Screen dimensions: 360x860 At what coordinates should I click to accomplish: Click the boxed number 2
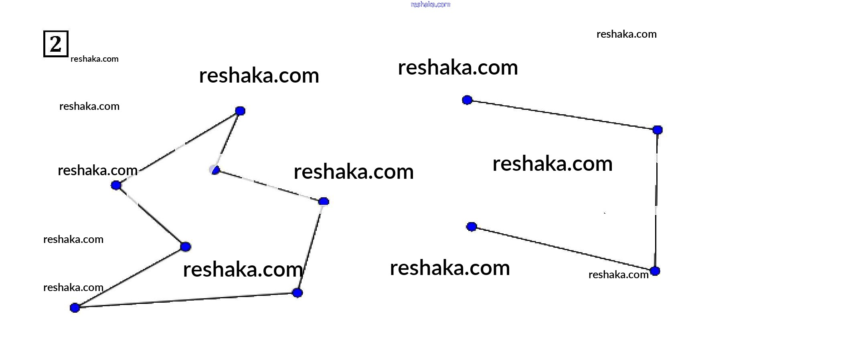tap(56, 44)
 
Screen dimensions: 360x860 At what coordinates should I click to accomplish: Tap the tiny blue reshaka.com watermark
tap(431, 4)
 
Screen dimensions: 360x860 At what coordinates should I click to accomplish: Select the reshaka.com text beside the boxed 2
tap(94, 59)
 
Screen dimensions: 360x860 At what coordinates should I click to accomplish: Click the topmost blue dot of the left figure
tap(240, 111)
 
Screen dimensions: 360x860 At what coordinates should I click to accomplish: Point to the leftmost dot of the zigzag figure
tap(116, 185)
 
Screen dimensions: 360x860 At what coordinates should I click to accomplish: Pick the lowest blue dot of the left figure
tap(75, 308)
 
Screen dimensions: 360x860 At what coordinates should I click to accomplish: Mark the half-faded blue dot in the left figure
tap(215, 170)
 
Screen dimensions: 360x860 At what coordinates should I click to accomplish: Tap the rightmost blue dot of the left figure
tap(324, 201)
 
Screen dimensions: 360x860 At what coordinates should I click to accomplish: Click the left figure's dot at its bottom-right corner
tap(297, 293)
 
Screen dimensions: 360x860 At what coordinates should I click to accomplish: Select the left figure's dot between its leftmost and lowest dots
tap(185, 247)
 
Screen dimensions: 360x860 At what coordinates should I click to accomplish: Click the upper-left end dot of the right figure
tap(467, 100)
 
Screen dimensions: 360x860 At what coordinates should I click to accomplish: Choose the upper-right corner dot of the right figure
tap(658, 130)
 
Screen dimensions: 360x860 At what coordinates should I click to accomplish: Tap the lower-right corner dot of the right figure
tap(655, 271)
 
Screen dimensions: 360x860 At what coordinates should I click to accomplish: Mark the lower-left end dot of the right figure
tap(471, 227)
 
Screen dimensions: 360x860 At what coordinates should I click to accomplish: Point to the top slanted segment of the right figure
tap(561, 115)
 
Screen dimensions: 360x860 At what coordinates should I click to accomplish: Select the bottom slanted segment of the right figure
tap(561, 249)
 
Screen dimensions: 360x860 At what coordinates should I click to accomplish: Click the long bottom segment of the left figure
tap(184, 300)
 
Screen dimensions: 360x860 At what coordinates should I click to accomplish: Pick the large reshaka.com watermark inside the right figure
tap(552, 164)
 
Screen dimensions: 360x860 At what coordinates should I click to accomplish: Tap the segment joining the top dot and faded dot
tap(228, 140)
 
